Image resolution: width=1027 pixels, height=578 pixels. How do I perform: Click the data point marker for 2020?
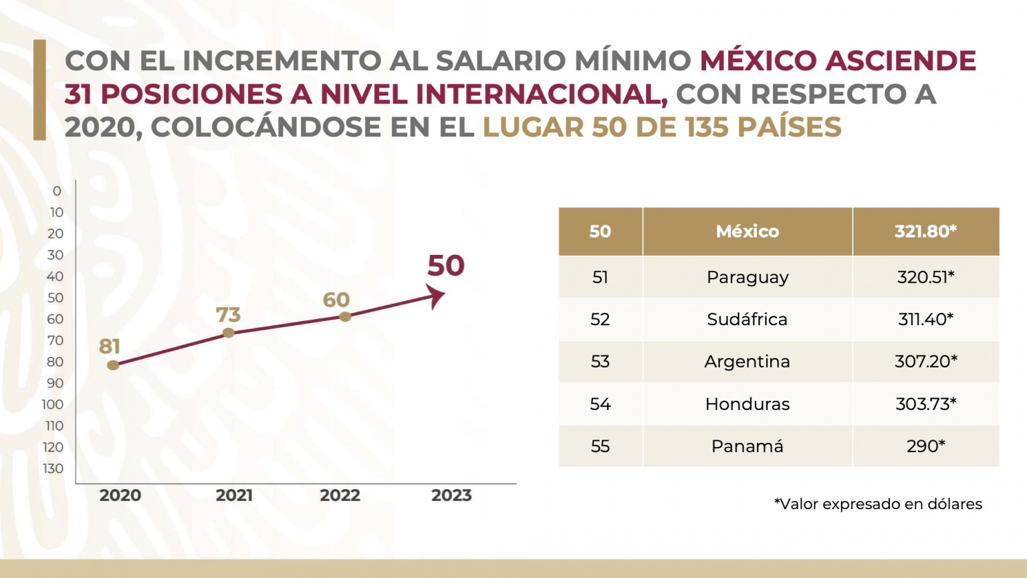tap(113, 365)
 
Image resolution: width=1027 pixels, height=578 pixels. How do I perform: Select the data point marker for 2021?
tap(229, 332)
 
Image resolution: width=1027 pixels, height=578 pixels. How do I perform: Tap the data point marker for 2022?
tap(345, 316)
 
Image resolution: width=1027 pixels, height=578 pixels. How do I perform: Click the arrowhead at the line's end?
tap(437, 295)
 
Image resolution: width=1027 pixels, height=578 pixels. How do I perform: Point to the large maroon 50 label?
tap(446, 266)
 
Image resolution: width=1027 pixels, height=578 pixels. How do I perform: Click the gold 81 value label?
tap(110, 347)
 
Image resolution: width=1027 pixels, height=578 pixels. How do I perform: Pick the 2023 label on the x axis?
tap(451, 496)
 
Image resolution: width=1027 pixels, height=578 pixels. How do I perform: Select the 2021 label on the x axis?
tap(234, 496)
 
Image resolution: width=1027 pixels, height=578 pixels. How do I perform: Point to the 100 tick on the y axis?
tap(53, 405)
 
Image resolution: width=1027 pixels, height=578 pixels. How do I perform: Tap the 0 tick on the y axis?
tap(57, 191)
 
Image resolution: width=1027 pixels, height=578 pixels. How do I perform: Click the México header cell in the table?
tap(748, 231)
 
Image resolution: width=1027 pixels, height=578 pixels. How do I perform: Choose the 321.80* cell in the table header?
tap(926, 231)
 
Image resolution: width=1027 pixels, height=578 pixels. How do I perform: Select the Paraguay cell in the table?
tap(748, 277)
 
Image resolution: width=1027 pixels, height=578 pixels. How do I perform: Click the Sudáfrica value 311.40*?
tap(926, 319)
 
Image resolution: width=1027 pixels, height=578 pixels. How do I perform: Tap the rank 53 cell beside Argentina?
tap(600, 362)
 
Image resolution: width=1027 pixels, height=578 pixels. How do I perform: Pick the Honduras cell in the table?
tap(748, 404)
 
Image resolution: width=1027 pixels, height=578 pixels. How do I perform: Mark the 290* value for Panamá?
tap(926, 446)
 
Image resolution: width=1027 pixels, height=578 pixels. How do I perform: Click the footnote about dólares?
tap(878, 504)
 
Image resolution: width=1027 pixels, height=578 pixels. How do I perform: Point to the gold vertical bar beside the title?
tap(39, 90)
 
